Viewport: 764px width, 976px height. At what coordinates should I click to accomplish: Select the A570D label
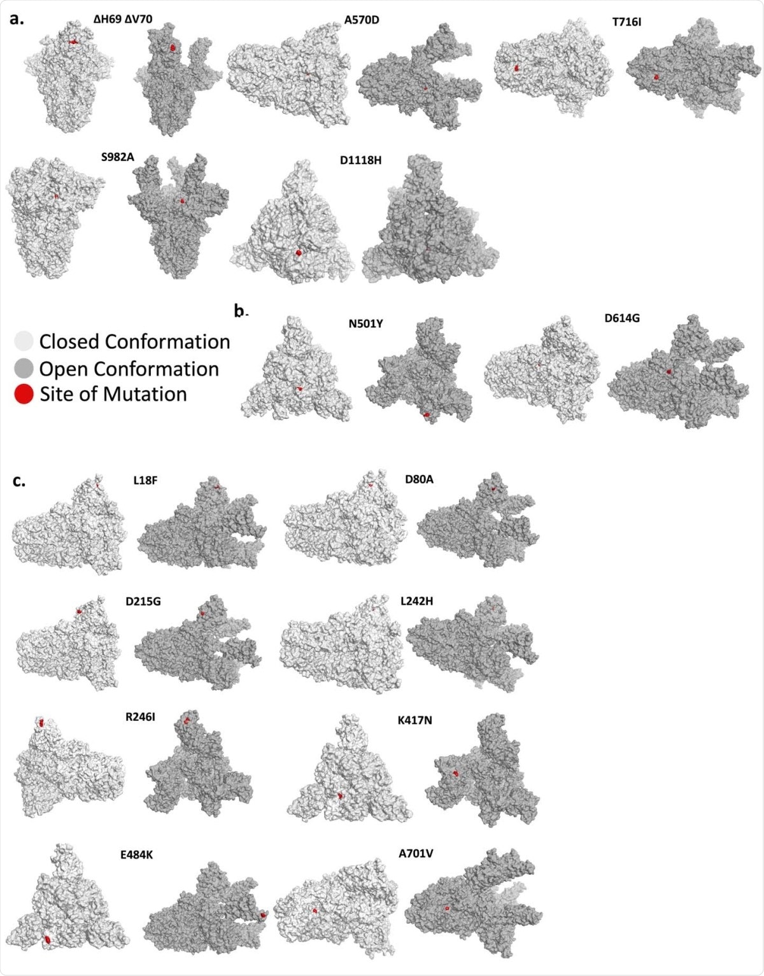click(x=362, y=20)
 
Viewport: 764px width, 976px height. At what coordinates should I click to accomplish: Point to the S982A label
click(x=118, y=157)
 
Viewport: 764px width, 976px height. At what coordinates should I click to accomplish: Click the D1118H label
click(x=360, y=160)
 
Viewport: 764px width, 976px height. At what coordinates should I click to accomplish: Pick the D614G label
click(x=622, y=318)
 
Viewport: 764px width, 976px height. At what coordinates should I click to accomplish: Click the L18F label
click(x=145, y=481)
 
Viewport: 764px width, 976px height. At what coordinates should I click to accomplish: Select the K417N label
click(x=415, y=721)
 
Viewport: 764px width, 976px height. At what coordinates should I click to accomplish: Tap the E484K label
click(x=136, y=855)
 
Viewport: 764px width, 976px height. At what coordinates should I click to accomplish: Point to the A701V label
click(x=416, y=854)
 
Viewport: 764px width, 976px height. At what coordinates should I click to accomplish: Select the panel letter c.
click(x=19, y=480)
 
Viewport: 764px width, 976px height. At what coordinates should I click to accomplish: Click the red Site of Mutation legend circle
click(x=24, y=394)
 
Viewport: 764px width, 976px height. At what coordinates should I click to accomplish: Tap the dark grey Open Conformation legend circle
click(x=24, y=368)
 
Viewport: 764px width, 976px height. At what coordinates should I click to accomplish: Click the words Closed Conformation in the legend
click(x=134, y=342)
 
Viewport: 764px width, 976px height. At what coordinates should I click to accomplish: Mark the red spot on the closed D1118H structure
click(x=299, y=253)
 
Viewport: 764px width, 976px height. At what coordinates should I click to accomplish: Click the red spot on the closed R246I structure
click(x=41, y=723)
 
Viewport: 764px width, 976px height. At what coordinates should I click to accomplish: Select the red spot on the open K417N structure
click(x=456, y=772)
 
